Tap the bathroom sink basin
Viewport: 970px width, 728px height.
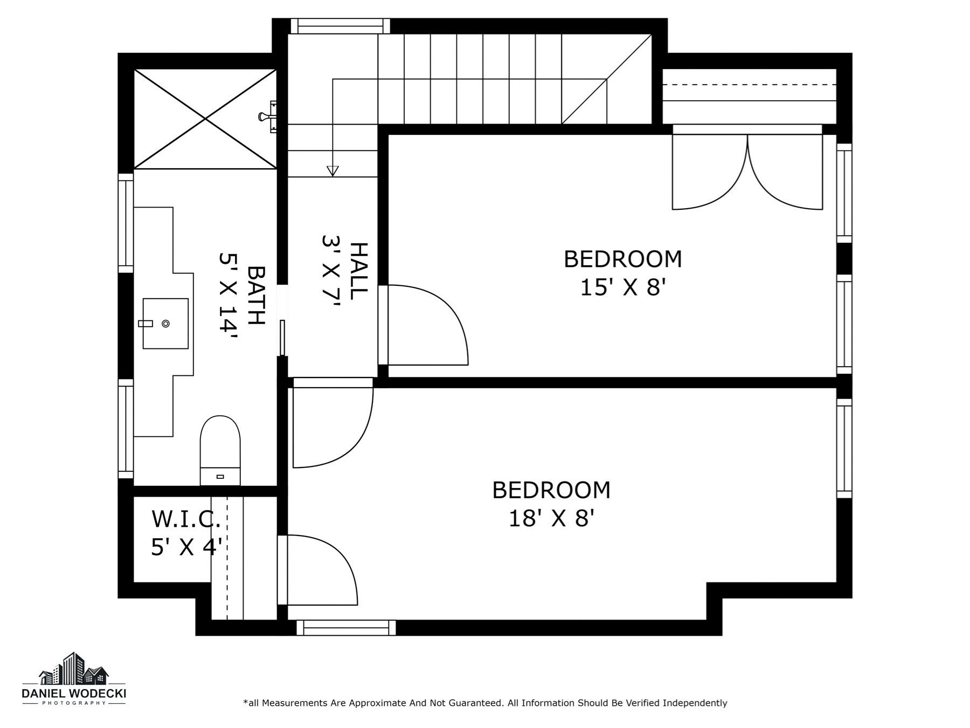point(165,324)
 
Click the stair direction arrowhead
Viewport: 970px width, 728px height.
point(332,171)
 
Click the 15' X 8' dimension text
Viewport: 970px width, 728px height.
point(623,287)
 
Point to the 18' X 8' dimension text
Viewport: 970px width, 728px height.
point(551,519)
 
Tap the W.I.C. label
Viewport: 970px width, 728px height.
point(186,519)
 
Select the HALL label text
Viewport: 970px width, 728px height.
point(358,271)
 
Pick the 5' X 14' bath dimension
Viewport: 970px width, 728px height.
point(228,296)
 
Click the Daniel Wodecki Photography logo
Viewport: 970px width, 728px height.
point(74,679)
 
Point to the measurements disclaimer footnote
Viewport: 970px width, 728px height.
point(485,703)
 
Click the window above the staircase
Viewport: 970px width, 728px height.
point(340,26)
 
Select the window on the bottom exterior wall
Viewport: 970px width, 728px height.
point(346,628)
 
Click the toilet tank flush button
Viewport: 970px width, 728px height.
point(220,477)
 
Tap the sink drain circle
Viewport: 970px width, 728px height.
point(166,324)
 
